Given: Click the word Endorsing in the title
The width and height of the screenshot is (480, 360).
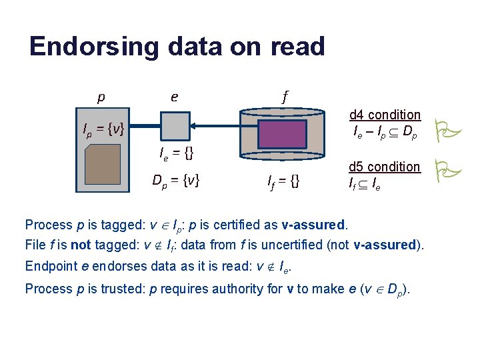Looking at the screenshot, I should point(93,47).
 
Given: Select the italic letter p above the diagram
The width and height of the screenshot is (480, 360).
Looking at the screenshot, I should point(101,97).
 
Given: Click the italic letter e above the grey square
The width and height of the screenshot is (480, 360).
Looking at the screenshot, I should point(174,97).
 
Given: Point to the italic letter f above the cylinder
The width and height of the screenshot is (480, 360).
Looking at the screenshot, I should point(285,97).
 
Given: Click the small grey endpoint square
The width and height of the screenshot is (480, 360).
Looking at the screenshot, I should point(175,125).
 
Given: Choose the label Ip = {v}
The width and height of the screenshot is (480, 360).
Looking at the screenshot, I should point(99,129).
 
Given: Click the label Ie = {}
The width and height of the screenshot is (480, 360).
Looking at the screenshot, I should point(177,154).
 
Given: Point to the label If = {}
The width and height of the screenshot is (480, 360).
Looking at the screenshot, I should point(284,179).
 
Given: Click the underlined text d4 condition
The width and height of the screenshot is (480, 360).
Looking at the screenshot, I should point(385,115).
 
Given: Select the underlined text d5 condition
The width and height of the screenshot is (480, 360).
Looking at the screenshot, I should point(385,167).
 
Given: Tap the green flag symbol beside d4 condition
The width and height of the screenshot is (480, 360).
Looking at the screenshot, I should point(443,129).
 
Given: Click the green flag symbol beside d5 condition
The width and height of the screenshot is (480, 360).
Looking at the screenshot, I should point(443,171).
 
